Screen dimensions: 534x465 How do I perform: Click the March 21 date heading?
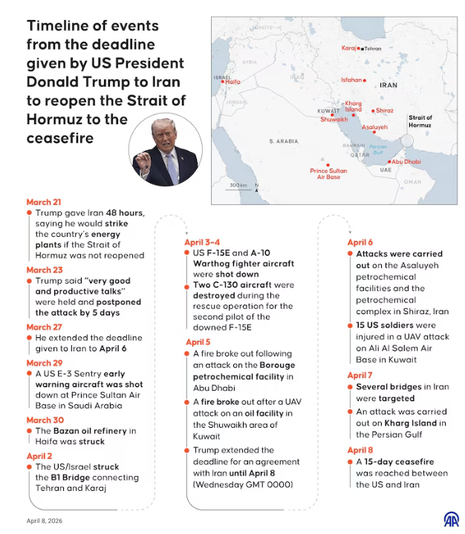[x=44, y=202]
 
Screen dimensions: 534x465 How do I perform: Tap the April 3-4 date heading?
[x=202, y=242]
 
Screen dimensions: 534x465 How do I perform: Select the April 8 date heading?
[x=360, y=450]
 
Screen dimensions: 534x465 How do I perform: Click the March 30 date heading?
[x=44, y=420]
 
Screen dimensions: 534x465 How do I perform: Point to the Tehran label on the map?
[x=372, y=48]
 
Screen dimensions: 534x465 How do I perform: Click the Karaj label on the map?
[x=349, y=48]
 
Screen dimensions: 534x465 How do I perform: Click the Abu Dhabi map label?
[x=406, y=161]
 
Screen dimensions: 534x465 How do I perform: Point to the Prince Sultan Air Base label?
[x=328, y=174]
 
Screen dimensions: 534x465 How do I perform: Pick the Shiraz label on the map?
[x=384, y=111]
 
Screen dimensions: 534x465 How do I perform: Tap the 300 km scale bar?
[x=238, y=185]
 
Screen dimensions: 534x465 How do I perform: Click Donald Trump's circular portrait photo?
[x=165, y=151]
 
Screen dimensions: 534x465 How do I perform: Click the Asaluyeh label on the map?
[x=375, y=127]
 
